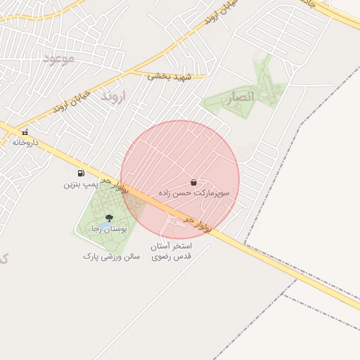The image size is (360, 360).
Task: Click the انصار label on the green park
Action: click(241, 98)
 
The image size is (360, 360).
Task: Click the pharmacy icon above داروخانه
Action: click(25, 131)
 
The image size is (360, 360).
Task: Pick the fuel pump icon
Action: click(82, 173)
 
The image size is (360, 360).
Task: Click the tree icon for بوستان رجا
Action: click(109, 218)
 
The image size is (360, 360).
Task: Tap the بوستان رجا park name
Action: click(108, 229)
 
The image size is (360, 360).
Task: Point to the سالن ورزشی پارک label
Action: click(112, 257)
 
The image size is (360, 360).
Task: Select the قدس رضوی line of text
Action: click(172, 257)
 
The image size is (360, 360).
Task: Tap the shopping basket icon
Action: click(193, 182)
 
